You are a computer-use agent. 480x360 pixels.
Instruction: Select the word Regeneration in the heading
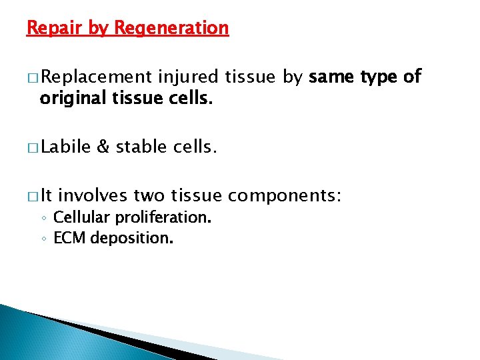(171, 28)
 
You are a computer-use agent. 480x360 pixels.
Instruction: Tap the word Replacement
(96, 77)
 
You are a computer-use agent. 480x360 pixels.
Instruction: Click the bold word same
(331, 77)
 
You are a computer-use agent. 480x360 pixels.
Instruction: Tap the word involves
(93, 196)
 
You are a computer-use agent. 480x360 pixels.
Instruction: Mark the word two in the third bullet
(151, 196)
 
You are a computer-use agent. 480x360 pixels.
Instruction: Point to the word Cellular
(79, 217)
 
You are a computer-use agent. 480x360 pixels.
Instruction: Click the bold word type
(380, 77)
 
